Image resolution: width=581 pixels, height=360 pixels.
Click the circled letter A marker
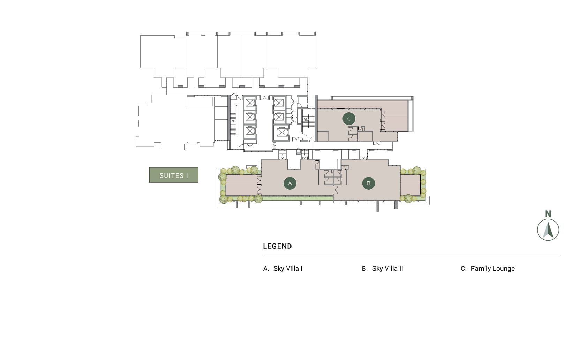(290, 183)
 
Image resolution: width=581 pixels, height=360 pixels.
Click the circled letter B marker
(368, 183)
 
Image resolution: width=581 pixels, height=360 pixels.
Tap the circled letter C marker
(349, 119)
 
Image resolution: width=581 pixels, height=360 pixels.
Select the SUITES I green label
(174, 175)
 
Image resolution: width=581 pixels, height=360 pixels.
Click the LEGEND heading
(277, 246)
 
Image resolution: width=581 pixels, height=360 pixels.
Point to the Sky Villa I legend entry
(283, 269)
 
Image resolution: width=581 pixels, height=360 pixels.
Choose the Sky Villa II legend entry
(382, 269)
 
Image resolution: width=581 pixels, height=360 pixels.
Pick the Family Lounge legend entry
(488, 269)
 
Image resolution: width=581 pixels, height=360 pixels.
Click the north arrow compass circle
(548, 230)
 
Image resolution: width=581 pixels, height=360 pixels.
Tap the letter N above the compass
(548, 214)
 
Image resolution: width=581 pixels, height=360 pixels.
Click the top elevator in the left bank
(250, 103)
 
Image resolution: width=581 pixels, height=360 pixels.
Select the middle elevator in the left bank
(250, 117)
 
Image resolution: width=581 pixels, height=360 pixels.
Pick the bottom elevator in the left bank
(250, 131)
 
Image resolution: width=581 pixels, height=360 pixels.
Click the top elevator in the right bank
(279, 103)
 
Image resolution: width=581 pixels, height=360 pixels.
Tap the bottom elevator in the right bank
(282, 133)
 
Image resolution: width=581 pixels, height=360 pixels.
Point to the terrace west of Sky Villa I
(242, 185)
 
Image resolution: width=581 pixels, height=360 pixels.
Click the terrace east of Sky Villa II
(410, 185)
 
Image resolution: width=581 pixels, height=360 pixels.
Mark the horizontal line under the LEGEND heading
(411, 256)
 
